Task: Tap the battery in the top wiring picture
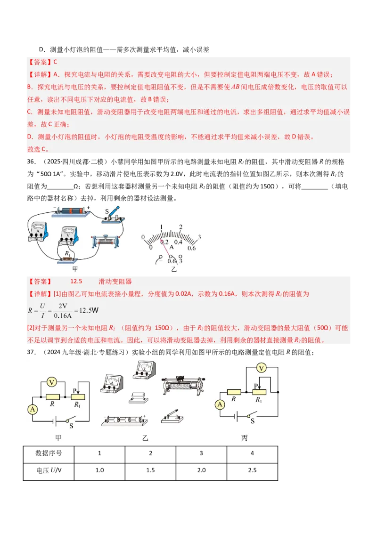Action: [x=71, y=211]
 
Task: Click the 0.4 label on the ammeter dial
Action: [x=179, y=242]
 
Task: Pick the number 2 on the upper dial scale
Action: [x=180, y=227]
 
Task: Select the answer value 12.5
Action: [x=76, y=281]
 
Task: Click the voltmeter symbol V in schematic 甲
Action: [x=53, y=370]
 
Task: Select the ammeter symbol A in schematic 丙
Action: [x=219, y=404]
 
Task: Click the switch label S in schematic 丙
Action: [x=253, y=421]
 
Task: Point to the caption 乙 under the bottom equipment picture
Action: [x=145, y=438]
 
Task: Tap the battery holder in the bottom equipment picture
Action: [x=124, y=420]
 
